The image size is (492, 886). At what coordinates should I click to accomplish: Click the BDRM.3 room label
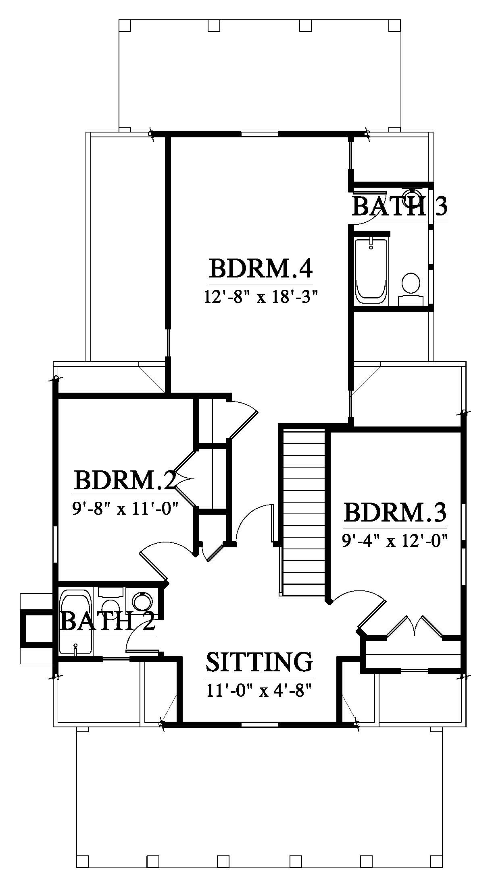pyautogui.click(x=395, y=512)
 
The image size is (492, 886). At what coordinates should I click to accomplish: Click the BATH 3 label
pyautogui.click(x=400, y=207)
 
